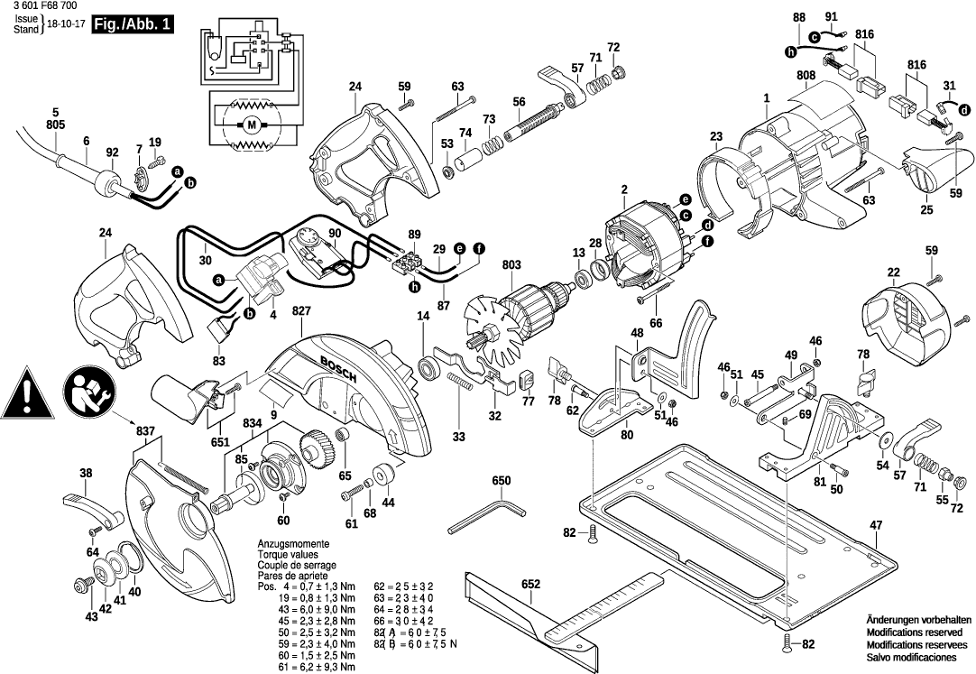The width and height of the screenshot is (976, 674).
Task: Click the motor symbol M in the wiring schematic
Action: pos(251,124)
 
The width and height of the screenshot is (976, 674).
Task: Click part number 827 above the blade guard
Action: pos(301,311)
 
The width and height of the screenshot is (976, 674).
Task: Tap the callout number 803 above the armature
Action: pos(512,264)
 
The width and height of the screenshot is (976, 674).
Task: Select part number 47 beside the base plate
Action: pos(876,525)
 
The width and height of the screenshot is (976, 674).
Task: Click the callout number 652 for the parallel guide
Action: pos(530,584)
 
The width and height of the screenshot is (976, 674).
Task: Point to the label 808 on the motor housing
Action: pos(806,75)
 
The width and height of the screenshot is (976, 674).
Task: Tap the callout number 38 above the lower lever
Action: pos(86,473)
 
